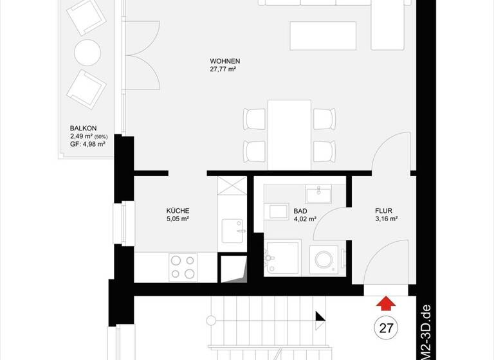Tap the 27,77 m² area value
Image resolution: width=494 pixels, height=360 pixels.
223,69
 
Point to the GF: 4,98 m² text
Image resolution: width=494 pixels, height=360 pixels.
87,144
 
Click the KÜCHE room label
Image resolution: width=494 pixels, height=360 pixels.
178,210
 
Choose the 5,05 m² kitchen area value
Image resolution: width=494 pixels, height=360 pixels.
178,219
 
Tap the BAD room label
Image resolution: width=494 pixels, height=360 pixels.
300,210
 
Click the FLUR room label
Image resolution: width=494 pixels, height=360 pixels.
384,210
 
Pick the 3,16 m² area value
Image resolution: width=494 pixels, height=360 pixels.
386,219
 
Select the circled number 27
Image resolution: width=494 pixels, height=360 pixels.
386,328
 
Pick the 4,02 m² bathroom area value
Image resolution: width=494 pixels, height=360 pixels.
305,219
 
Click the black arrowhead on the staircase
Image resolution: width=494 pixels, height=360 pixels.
319,316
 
